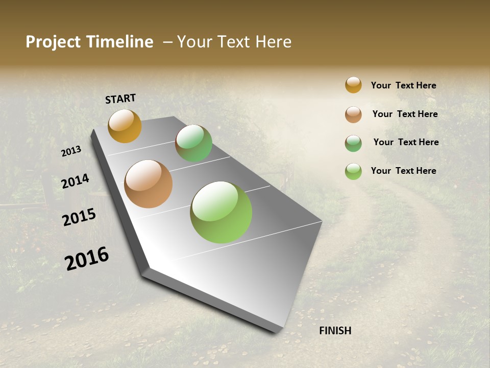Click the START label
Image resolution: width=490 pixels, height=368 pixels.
[120, 98]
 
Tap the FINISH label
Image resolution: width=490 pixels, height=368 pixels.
[335, 331]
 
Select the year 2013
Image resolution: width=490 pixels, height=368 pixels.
[71, 151]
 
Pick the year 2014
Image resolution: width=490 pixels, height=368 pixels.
[75, 181]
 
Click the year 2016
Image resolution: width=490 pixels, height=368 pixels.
[87, 258]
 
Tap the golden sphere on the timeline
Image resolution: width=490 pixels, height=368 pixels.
[125, 126]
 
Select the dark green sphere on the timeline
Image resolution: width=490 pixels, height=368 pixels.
[193, 143]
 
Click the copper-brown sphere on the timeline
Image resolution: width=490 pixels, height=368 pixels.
[148, 184]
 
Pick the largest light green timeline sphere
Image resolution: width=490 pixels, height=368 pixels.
[221, 212]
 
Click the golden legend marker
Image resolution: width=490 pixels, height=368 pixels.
[353, 85]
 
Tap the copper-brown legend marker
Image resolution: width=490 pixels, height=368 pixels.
[353, 114]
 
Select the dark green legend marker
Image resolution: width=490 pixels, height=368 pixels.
[353, 143]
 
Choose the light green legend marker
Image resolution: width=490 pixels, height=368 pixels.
[353, 171]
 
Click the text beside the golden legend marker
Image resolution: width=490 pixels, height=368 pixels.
[403, 85]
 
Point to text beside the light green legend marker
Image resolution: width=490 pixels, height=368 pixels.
[403, 171]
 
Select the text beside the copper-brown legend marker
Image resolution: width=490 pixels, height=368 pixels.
[405, 114]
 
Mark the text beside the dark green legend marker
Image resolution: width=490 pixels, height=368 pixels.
[406, 142]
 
